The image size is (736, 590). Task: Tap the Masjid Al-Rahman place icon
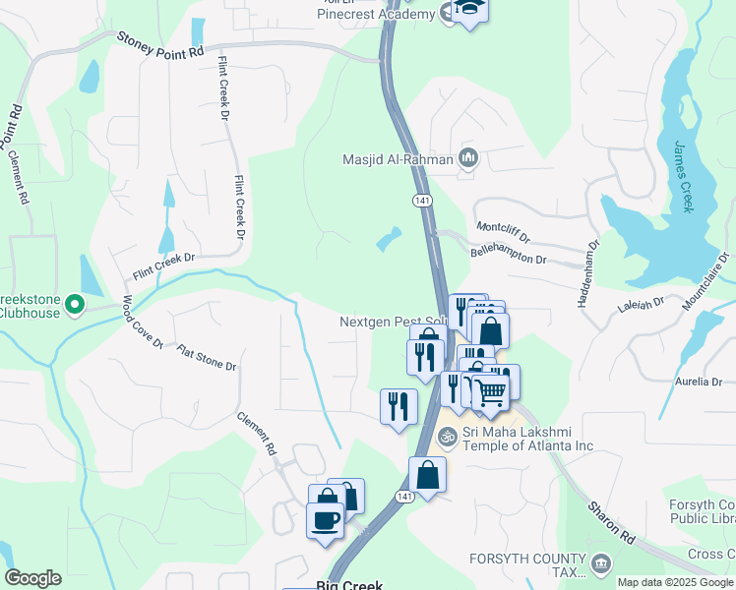[468, 157]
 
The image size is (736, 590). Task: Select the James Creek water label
[684, 177]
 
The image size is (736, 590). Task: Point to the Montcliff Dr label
[503, 232]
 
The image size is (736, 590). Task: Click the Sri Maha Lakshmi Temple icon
[448, 436]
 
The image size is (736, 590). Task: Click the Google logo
[32, 578]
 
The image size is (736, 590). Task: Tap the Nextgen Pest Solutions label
[394, 323]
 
